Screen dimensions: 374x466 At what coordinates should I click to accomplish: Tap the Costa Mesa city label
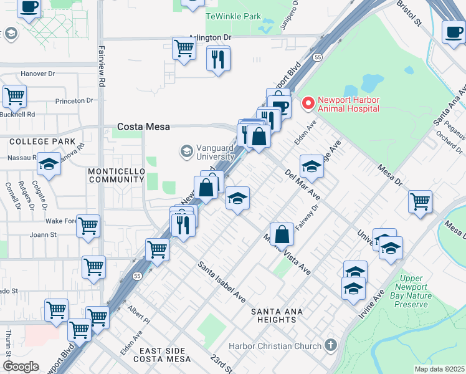143,127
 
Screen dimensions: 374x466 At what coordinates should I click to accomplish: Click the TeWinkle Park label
233,16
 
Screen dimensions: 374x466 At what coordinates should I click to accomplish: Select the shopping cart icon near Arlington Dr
184,48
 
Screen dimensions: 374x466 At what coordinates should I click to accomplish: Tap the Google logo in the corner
21,366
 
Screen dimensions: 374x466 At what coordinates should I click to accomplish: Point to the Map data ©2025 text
439,369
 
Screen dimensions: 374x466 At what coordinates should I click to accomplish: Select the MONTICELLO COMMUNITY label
116,175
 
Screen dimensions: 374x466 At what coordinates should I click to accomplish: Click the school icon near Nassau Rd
49,165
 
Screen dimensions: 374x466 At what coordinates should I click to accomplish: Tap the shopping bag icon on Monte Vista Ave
282,235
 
